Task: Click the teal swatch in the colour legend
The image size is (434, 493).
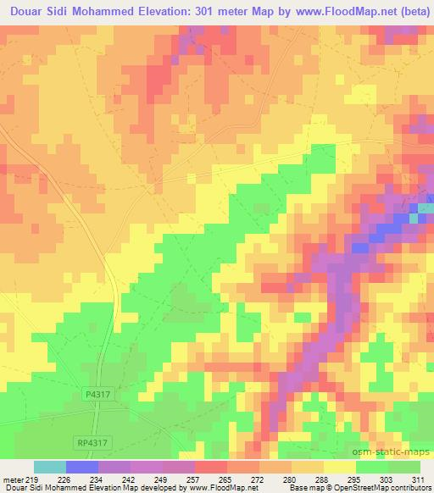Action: click(50, 467)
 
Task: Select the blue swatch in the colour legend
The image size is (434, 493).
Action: click(82, 467)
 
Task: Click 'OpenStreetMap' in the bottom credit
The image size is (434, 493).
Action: click(348, 488)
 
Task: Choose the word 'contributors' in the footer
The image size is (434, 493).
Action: click(409, 488)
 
